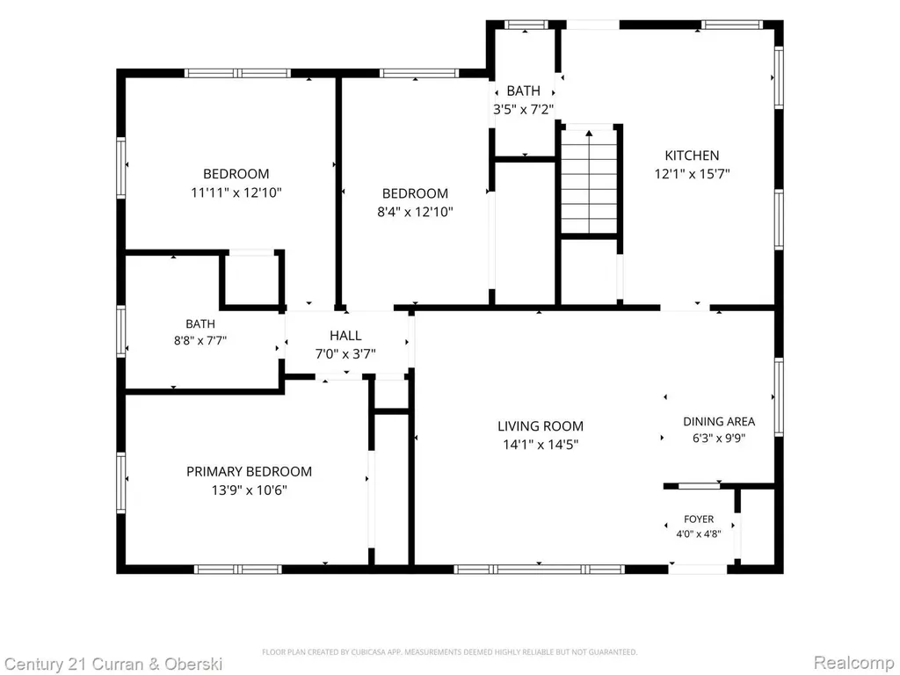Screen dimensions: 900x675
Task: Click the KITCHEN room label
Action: coord(692,155)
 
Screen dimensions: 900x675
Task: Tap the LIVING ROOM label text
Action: coord(541,426)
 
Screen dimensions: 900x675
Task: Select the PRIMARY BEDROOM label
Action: coord(249,471)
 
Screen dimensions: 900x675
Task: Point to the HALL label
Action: coord(345,335)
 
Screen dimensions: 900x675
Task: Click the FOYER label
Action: coord(699,519)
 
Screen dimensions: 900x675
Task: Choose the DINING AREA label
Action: coord(719,421)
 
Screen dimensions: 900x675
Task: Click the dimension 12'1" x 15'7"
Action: coord(692,173)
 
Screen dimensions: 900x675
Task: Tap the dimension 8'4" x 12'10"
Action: coord(415,212)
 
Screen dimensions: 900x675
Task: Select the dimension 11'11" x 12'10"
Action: coord(236,192)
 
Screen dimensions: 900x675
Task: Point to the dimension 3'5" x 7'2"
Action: coord(524,109)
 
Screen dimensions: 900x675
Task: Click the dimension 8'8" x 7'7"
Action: coord(200,340)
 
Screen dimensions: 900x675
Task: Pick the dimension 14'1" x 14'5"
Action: coord(541,444)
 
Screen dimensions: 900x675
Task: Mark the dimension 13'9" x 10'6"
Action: coord(249,490)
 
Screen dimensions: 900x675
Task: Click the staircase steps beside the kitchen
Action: coord(589,181)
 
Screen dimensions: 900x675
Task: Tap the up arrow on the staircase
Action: coord(589,134)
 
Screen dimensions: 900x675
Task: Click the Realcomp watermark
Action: coord(853,663)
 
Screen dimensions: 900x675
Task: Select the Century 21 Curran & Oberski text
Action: coord(113,664)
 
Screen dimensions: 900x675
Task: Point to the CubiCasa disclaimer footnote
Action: coord(449,652)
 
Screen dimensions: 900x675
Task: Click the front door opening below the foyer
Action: coord(698,569)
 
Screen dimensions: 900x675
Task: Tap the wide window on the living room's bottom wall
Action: coord(539,569)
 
